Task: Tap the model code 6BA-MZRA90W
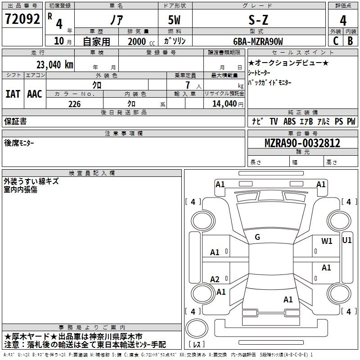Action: (258, 41)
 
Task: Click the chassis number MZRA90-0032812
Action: (302, 143)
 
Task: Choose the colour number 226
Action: (74, 104)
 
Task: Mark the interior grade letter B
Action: (350, 41)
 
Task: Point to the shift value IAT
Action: (13, 94)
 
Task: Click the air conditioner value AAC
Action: (34, 94)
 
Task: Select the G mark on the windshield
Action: (257, 237)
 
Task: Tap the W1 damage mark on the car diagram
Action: (327, 241)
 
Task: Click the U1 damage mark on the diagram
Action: (347, 240)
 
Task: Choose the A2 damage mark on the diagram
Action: (215, 279)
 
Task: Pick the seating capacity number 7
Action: (192, 85)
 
